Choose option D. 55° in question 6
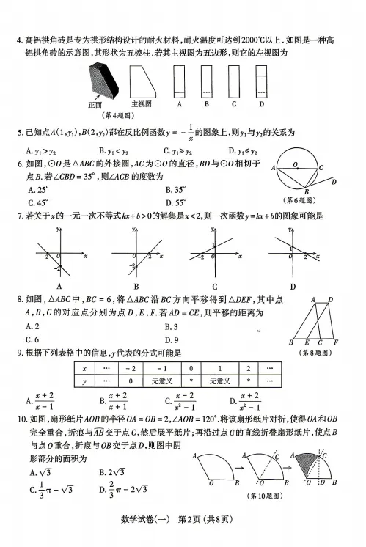pyautogui.click(x=180, y=202)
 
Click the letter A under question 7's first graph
pyautogui.click(x=58, y=286)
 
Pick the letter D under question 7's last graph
pyautogui.click(x=293, y=286)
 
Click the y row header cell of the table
pyautogui.click(x=86, y=381)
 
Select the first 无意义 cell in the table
pyautogui.click(x=161, y=381)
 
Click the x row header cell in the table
pyautogui.click(x=86, y=370)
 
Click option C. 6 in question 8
pyautogui.click(x=32, y=339)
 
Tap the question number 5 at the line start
pyautogui.click(x=18, y=132)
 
